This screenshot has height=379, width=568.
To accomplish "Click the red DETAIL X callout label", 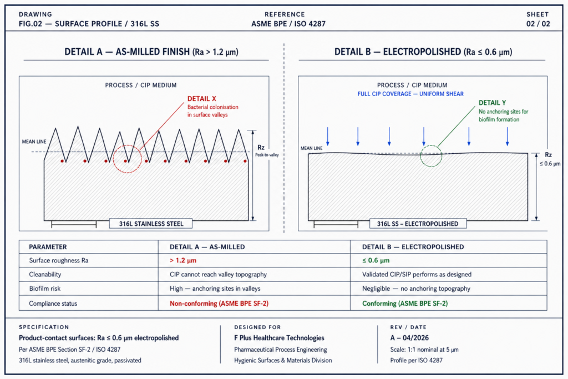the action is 201,99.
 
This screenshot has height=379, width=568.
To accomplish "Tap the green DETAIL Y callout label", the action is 493,103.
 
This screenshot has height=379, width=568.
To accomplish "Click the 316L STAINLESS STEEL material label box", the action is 151,224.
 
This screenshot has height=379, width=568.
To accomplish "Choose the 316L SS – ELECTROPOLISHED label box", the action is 418,224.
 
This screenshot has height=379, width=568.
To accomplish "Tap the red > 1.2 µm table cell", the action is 183,260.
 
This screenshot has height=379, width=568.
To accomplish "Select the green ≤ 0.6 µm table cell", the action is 376,260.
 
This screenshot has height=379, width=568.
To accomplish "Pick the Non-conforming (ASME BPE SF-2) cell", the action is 219,304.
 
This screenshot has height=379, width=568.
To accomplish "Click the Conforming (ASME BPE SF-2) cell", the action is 405,304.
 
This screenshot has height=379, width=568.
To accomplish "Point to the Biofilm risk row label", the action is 45,289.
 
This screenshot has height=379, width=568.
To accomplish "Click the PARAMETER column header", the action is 48,247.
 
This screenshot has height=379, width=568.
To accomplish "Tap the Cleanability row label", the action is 45,274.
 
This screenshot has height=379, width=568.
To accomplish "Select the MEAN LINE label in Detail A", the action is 34,142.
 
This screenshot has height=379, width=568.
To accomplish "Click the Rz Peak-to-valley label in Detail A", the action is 267,151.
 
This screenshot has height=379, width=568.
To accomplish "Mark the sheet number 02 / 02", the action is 538,24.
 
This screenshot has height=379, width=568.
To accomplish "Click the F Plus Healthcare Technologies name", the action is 279,338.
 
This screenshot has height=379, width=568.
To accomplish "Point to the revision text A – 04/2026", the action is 409,338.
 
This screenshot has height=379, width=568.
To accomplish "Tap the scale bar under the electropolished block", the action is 336,225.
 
